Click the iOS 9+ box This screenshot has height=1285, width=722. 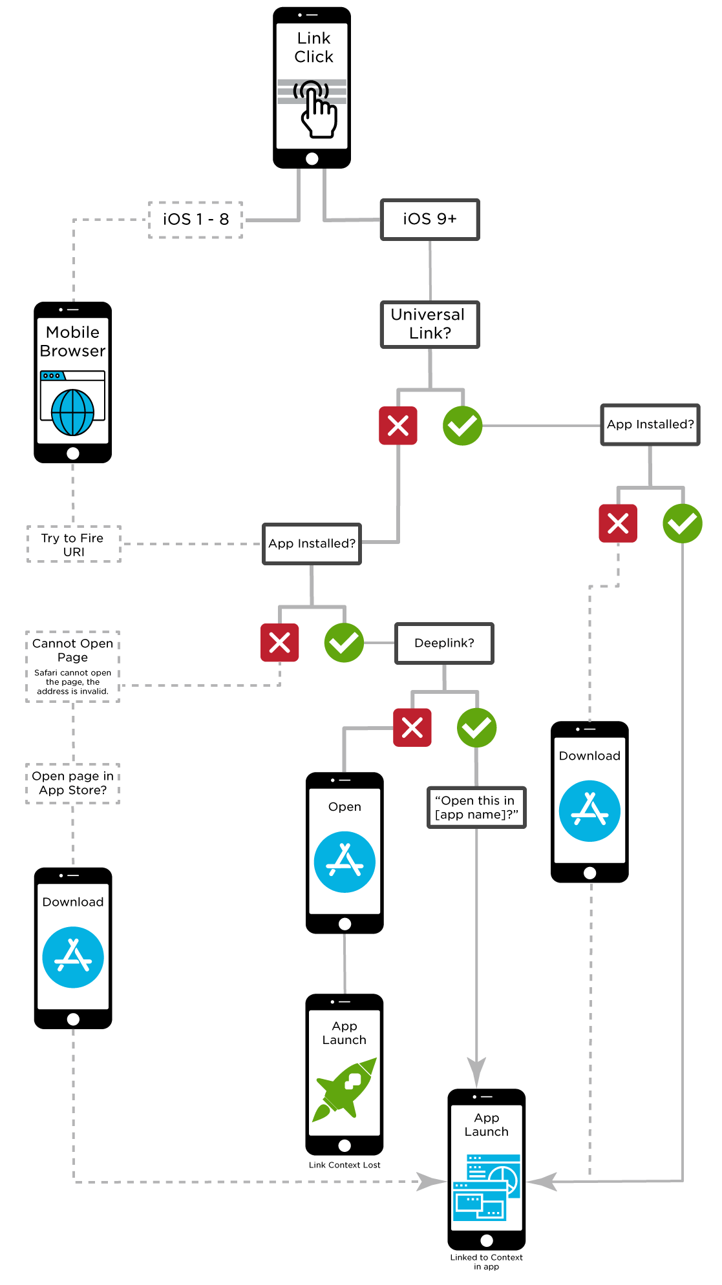tap(430, 220)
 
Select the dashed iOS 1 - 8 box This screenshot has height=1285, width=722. tap(196, 220)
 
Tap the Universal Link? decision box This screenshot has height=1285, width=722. tap(430, 324)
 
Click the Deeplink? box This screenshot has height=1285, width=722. tap(444, 643)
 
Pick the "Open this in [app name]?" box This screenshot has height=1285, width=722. tap(476, 807)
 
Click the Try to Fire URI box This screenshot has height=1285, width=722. tap(74, 544)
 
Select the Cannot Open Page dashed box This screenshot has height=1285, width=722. tap(73, 666)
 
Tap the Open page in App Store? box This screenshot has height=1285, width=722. tap(73, 783)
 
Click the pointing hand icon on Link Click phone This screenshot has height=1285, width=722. tap(317, 110)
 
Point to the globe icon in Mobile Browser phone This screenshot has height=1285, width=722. tap(73, 412)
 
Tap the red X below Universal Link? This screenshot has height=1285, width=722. tap(398, 426)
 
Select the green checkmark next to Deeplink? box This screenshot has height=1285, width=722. tap(344, 643)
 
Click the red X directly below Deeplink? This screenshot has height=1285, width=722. tap(412, 728)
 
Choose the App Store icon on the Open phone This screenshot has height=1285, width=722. tap(345, 862)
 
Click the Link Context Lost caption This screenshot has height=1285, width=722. tap(345, 1165)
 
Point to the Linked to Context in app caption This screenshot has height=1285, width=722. tap(486, 1261)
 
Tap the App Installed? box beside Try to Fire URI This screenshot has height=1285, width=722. tap(312, 544)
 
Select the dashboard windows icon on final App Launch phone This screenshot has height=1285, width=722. tap(487, 1187)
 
